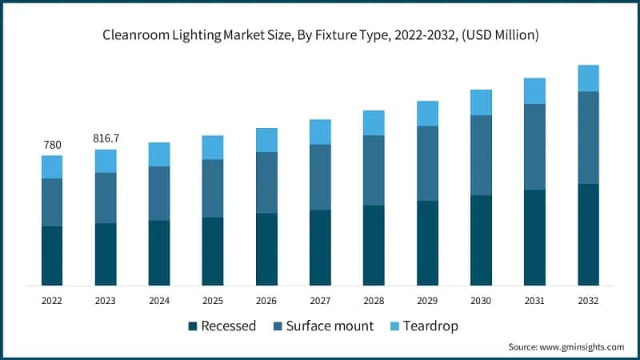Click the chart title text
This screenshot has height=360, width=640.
point(320,34)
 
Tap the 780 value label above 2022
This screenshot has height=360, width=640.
point(52,145)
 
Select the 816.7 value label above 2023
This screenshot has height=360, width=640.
point(106,138)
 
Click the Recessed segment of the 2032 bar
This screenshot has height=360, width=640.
point(588,234)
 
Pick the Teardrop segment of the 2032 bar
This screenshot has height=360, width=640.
point(588,78)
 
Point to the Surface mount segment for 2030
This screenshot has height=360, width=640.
point(481,155)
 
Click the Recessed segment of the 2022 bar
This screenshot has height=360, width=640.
point(52,255)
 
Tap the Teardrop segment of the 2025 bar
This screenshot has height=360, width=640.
point(213,147)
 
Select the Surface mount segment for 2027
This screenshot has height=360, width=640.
point(320,177)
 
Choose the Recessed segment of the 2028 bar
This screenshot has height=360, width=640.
point(374,245)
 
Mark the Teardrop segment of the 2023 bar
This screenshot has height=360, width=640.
point(106,161)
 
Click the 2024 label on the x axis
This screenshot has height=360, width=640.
point(159,301)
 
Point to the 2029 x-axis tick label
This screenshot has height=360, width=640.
point(427,301)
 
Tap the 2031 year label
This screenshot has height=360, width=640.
point(534,301)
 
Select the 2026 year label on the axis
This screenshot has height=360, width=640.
point(266,301)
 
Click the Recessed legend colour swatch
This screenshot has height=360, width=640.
point(192,326)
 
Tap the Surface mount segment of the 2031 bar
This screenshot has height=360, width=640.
point(534,146)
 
